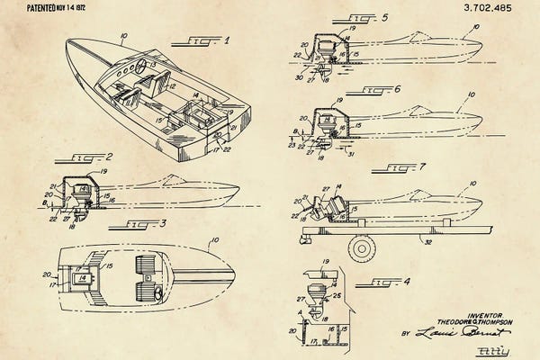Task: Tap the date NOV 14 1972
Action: pyautogui.click(x=72, y=7)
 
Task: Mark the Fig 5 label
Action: pyautogui.click(x=355, y=18)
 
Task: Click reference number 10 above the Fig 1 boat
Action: pyautogui.click(x=122, y=38)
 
